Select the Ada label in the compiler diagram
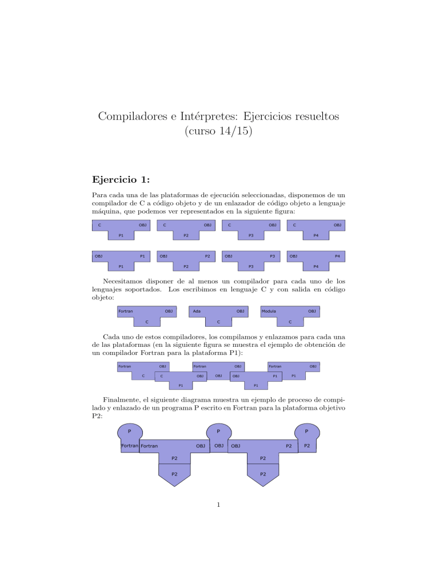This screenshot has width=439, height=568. tap(197, 311)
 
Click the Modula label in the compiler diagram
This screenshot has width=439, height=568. tap(269, 311)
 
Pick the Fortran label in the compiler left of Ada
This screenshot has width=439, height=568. tap(126, 311)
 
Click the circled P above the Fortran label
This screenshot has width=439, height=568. tap(130, 431)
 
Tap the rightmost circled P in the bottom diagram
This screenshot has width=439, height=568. tap(306, 431)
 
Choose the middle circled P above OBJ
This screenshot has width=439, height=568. tap(218, 431)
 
